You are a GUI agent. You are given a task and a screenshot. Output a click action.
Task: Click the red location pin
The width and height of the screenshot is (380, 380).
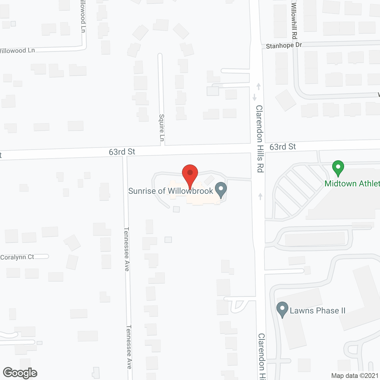click(190, 173)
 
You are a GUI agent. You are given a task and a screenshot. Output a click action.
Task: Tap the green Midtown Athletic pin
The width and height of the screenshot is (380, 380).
click(338, 168)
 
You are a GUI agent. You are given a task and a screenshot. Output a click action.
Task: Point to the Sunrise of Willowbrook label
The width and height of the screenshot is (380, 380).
click(170, 191)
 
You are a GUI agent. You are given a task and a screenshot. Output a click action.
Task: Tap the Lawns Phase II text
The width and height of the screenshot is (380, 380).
click(317, 311)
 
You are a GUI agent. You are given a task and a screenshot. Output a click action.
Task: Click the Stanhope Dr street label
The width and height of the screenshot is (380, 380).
click(284, 45)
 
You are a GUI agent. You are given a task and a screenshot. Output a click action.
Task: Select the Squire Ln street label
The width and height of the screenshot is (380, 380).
click(162, 128)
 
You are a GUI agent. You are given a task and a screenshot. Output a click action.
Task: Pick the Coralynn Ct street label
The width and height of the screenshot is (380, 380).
click(17, 257)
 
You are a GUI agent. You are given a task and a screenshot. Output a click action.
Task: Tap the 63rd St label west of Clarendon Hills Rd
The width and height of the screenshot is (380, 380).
click(122, 152)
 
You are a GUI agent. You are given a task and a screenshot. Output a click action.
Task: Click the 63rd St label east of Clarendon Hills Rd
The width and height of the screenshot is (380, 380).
click(283, 147)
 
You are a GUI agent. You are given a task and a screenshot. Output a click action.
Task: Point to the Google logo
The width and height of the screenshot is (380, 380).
click(20, 373)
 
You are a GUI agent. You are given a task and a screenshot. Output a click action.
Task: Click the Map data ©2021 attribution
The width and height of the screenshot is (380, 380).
click(355, 376)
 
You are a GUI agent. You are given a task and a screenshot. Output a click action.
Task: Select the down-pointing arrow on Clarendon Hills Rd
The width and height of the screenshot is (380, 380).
click(254, 97)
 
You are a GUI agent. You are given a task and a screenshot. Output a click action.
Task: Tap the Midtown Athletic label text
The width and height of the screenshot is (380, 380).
click(352, 183)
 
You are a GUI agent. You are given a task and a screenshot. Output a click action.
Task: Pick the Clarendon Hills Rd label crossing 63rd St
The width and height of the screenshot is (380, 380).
click(259, 139)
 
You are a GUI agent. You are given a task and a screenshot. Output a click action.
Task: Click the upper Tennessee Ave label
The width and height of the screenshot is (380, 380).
click(127, 249)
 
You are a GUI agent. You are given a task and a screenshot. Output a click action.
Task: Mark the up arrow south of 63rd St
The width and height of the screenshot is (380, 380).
click(260, 196)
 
